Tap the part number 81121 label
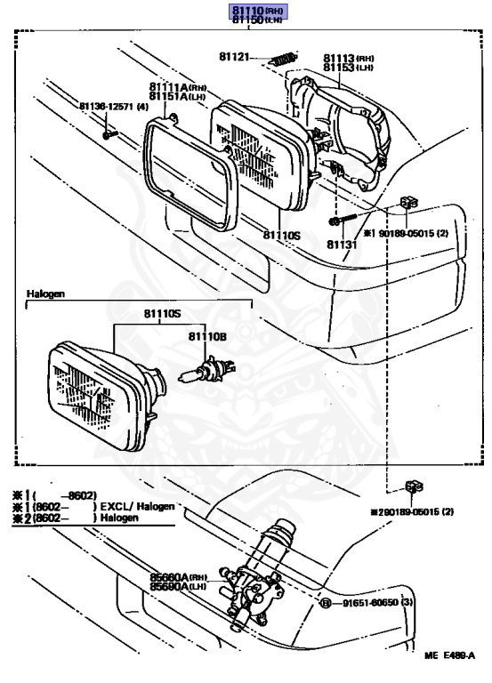point(236,57)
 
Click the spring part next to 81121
point(279,60)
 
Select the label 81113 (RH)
point(349,57)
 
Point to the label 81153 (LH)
point(349,67)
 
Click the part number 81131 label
point(340,242)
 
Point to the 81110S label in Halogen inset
point(162,314)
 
